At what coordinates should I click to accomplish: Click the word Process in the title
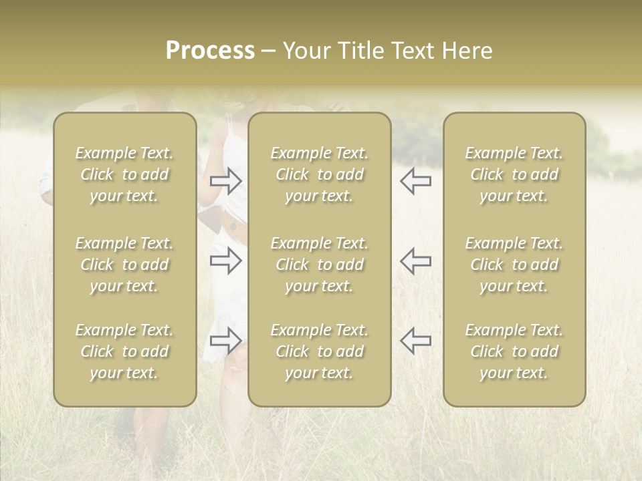pos(210,51)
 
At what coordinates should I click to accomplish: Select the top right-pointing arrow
pos(226,181)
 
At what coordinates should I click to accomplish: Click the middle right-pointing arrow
pos(226,261)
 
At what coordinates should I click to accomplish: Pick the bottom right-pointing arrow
pos(226,341)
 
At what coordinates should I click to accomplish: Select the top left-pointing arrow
pos(415,181)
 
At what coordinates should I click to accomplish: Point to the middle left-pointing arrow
pos(415,261)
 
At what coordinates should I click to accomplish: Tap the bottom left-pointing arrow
pos(415,341)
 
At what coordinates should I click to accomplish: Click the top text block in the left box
pos(124,174)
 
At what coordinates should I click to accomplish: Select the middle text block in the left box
pos(124,265)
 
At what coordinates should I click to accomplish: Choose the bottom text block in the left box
pos(124,351)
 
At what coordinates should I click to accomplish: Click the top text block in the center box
pos(319,174)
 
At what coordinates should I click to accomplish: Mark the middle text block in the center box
pos(319,265)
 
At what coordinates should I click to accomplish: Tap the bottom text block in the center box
pos(319,351)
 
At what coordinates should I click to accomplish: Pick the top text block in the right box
pos(514,174)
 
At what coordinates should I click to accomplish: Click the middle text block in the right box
pos(514,265)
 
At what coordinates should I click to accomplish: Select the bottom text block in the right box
pos(514,351)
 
